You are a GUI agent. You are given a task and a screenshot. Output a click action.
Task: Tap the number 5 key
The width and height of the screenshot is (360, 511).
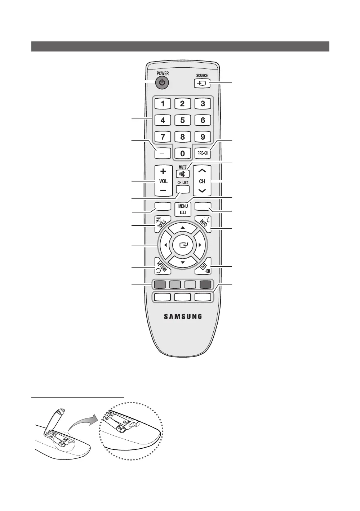coord(183,120)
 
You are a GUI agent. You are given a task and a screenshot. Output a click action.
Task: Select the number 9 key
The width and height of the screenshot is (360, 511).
coord(203,137)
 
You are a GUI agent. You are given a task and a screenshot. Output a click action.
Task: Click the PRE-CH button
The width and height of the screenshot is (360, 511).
coord(203,153)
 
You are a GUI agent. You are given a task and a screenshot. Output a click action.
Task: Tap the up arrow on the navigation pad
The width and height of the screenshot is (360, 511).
coord(183,228)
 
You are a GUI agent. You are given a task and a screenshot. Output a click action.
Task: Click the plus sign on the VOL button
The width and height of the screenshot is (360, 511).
coord(163,171)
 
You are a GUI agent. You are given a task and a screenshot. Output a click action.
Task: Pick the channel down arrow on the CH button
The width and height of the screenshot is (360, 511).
coord(202,190)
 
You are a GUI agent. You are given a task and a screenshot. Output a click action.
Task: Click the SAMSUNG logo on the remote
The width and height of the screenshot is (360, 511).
coord(183,317)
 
